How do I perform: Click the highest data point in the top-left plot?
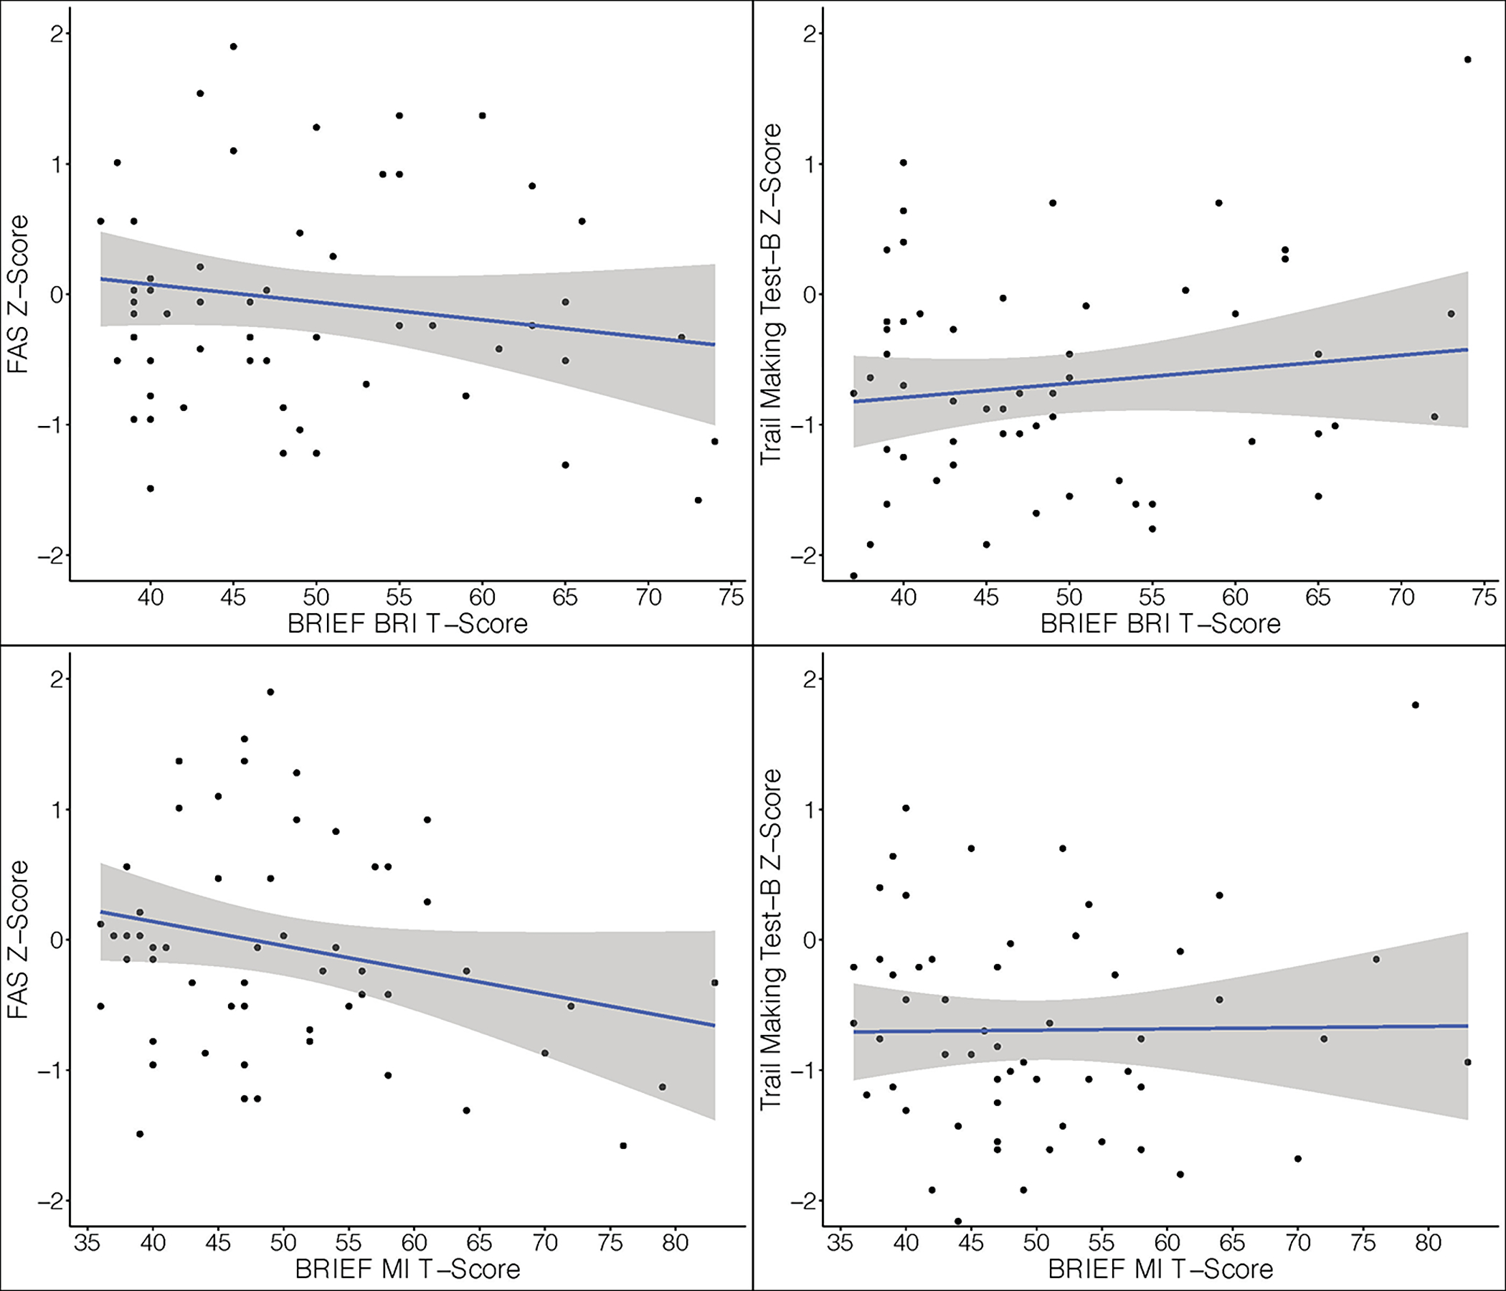tap(233, 47)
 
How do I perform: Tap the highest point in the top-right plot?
tap(1467, 60)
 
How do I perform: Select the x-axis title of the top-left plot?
tap(407, 624)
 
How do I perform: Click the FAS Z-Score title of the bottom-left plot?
tap(17, 939)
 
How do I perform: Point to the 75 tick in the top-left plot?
tap(731, 597)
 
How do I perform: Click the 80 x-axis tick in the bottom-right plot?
tap(1429, 1243)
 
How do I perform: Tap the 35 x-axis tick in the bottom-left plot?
tap(87, 1243)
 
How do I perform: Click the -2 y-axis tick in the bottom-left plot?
tap(51, 1201)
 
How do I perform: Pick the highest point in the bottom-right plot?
tap(1415, 705)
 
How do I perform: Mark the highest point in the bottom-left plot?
tap(270, 692)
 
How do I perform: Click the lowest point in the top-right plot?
tap(853, 576)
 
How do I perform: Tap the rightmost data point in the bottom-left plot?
tap(714, 983)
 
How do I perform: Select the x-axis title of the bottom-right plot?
tap(1161, 1269)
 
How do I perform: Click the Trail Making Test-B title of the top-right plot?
tap(770, 293)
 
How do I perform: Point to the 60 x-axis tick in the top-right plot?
tap(1235, 597)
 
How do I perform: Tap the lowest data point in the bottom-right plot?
tap(958, 1221)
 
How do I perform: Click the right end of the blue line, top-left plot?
tap(714, 344)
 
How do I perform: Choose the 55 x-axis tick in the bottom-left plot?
tap(349, 1243)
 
